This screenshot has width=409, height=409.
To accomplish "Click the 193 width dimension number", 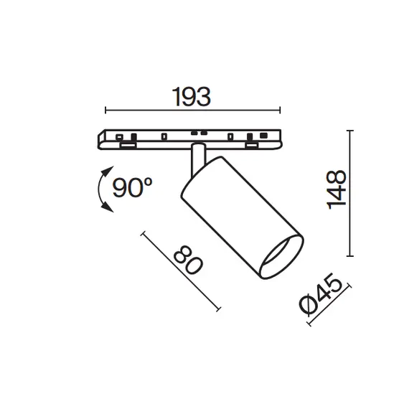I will click(x=191, y=97).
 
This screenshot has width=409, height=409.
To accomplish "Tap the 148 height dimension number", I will click(x=336, y=190).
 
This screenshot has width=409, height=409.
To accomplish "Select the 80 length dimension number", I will click(x=188, y=263).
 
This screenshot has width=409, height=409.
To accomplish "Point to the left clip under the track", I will click(x=127, y=146).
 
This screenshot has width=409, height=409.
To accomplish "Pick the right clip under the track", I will click(x=253, y=146).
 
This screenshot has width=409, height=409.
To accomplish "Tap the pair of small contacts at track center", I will click(x=197, y=133).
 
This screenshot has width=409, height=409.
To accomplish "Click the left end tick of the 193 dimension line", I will click(x=105, y=111).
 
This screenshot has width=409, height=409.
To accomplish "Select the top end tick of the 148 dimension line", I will click(x=350, y=130).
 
